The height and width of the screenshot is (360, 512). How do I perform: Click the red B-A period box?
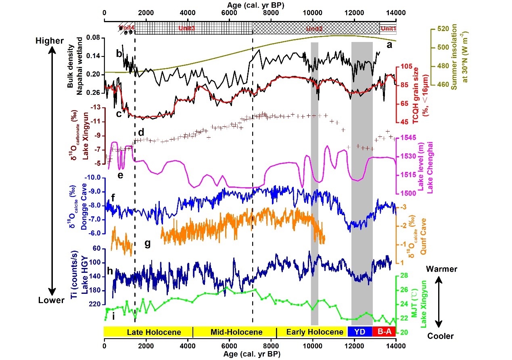point(384,332)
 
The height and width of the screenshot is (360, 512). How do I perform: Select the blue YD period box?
point(359,332)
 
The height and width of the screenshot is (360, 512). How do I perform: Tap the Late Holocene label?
point(148,332)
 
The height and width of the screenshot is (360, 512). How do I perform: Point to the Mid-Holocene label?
point(236,332)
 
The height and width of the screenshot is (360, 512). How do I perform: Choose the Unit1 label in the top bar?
point(389,29)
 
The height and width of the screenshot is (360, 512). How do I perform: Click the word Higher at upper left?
point(50,41)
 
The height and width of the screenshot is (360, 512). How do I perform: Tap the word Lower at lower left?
point(51,300)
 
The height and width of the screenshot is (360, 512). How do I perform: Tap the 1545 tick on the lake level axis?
point(411,138)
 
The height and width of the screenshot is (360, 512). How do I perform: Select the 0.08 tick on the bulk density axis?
point(92,38)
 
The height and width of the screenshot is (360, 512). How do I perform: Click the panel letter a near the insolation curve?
point(389,45)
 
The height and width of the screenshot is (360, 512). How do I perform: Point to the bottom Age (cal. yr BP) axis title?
point(250,354)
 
